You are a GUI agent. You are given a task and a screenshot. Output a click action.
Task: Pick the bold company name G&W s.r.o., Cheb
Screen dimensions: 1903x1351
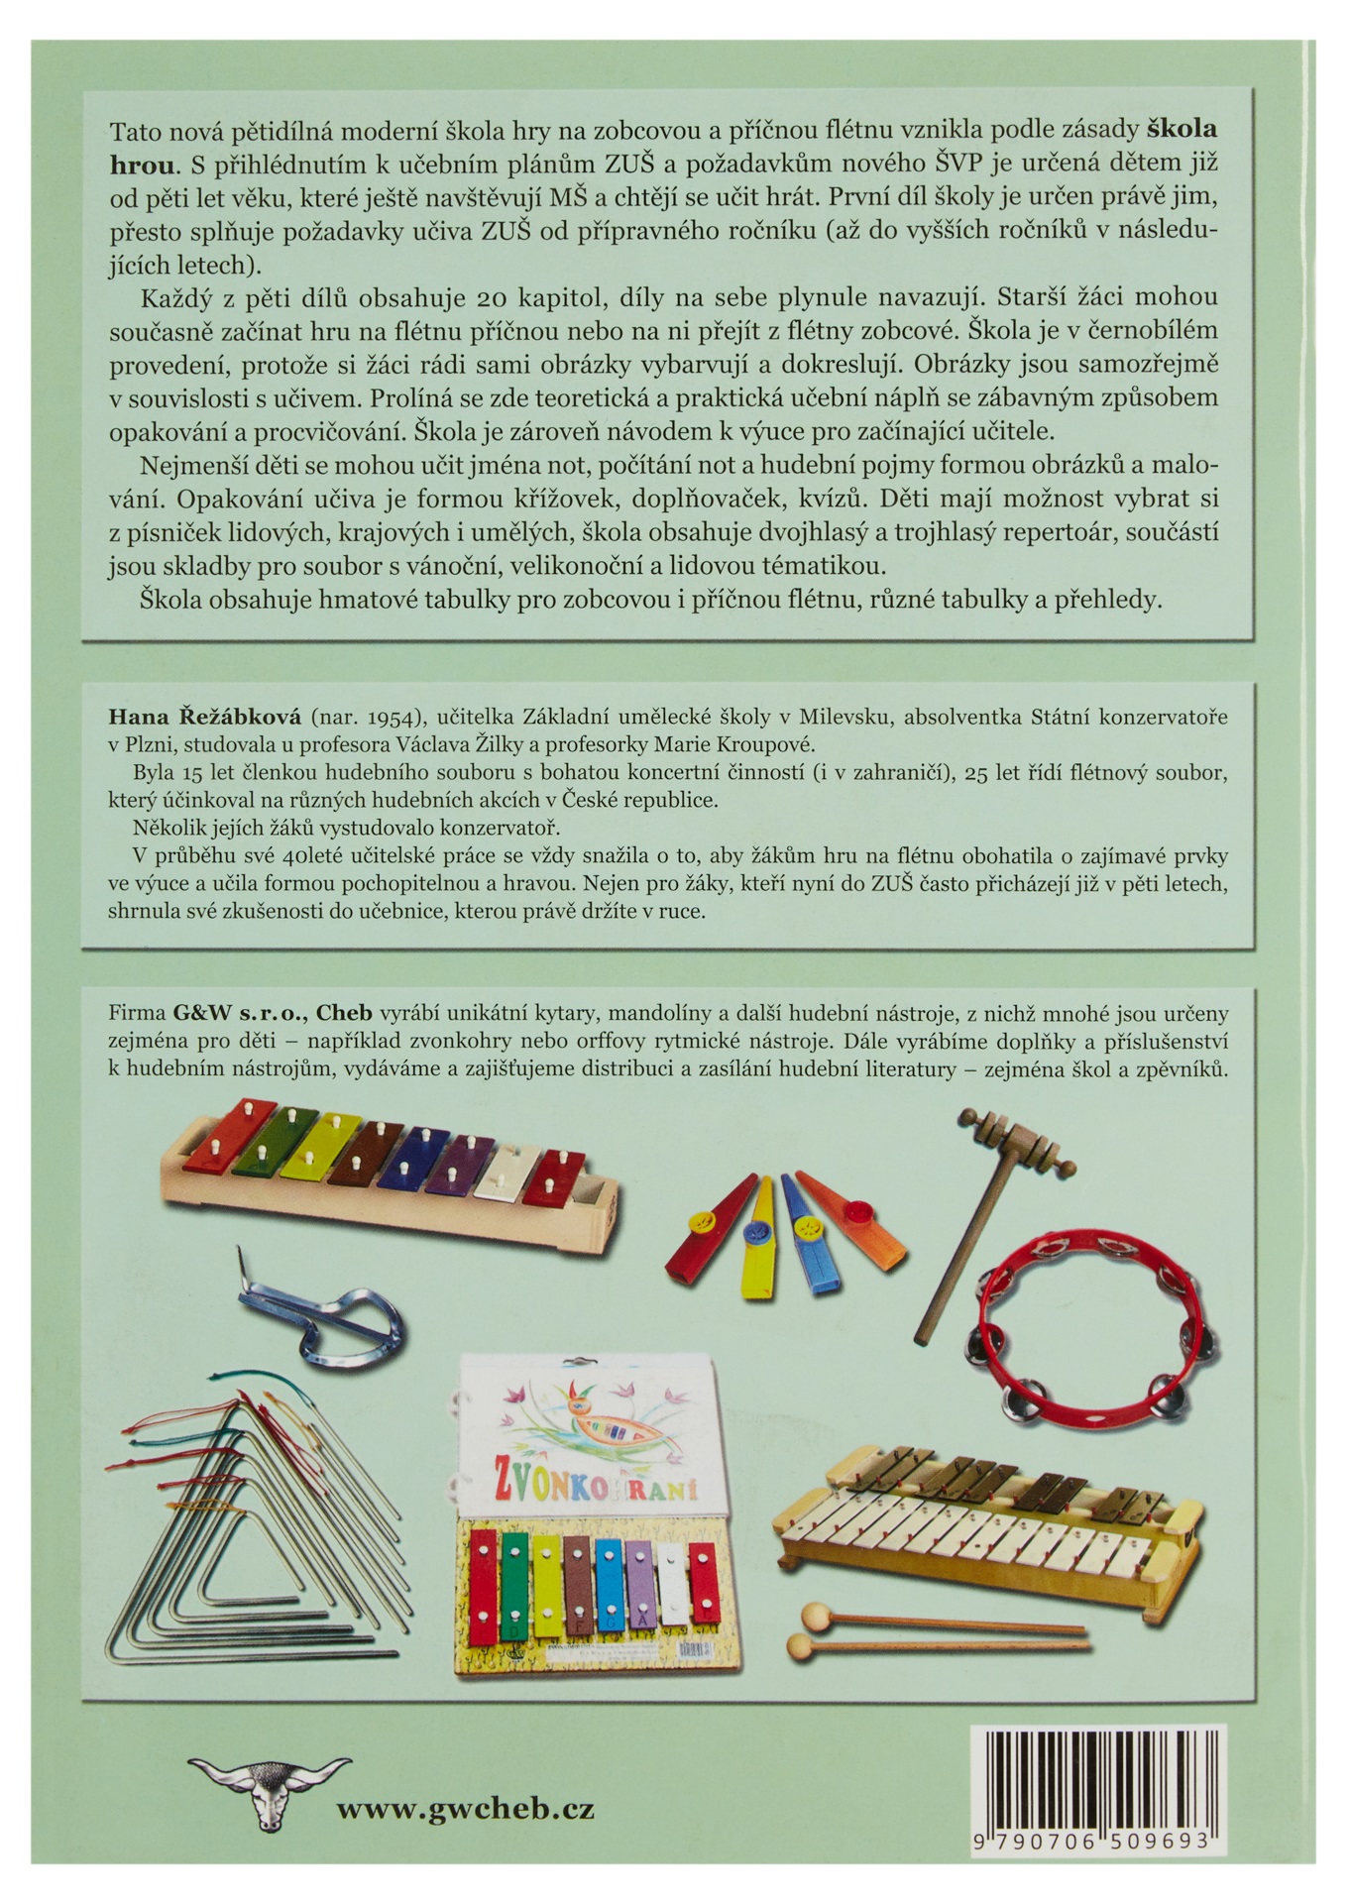[273, 1013]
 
